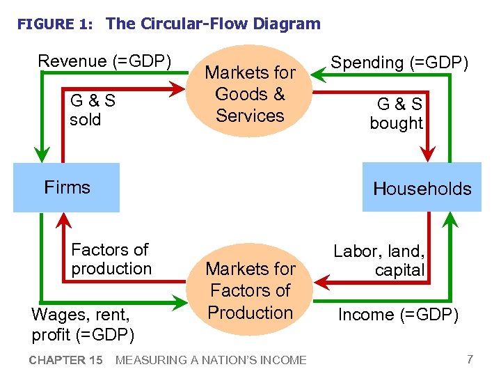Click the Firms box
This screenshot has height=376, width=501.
point(66,187)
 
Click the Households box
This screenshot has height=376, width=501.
point(422,187)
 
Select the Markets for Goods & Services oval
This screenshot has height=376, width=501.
point(250,94)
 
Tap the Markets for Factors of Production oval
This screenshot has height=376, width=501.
point(250,290)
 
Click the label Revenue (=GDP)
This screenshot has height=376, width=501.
point(104,61)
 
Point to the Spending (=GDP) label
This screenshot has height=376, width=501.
point(399,63)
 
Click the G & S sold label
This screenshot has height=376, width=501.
point(93,110)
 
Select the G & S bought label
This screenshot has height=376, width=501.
point(397,114)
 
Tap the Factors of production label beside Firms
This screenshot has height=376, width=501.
point(111,259)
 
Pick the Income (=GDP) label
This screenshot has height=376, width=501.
point(398,315)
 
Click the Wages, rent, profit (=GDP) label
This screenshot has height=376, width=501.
point(83,324)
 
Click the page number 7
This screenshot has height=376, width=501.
point(470,359)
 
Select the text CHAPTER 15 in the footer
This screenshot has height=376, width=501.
point(65,360)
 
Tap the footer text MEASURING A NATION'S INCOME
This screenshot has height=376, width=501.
point(210,360)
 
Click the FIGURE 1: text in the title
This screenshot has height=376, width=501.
point(55,24)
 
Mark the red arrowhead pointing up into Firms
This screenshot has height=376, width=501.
point(64,221)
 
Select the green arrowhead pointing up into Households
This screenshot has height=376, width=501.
point(450,221)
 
